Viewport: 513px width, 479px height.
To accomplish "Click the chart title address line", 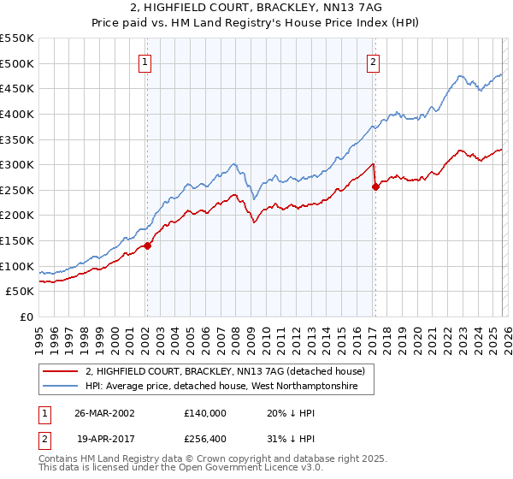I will pos(256,8).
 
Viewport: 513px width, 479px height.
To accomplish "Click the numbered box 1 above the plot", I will pos(146,62).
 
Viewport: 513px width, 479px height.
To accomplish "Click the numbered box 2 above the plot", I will pos(374,62).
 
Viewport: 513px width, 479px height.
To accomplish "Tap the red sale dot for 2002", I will pos(147,245).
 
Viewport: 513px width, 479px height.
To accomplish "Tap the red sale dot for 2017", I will pos(375,187).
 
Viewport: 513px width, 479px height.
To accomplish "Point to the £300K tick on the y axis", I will pos(18,164).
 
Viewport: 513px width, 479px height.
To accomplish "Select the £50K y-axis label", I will pos(21,291).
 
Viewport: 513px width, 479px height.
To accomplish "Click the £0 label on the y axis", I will pos(27,316).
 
